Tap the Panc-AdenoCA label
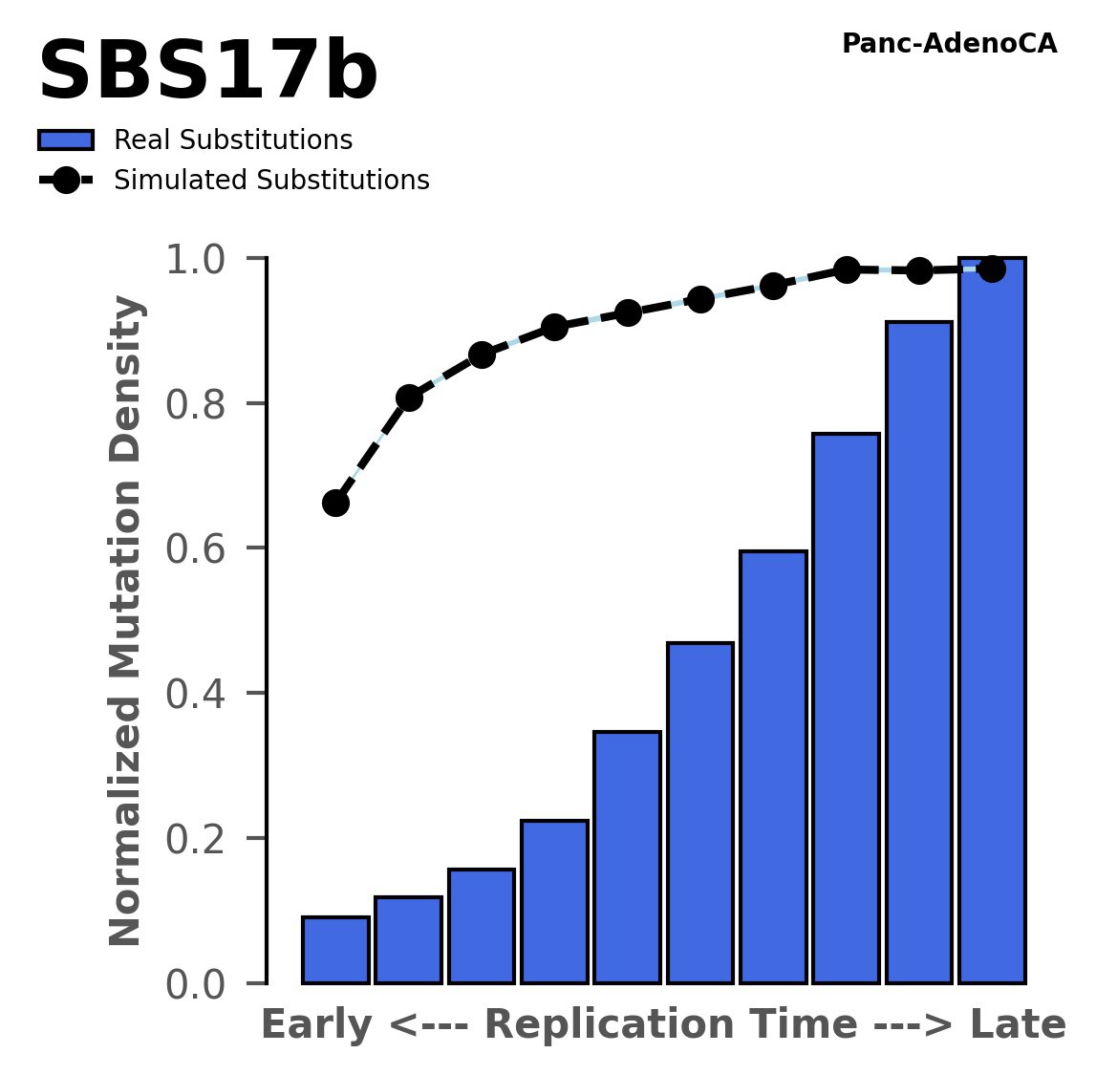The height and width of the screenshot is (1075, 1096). [949, 44]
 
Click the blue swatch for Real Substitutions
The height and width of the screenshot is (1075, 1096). [65, 140]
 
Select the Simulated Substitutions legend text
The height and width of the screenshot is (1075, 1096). [271, 181]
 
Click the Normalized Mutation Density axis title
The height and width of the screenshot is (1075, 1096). [126, 621]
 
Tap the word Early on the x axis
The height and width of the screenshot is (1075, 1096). [316, 1025]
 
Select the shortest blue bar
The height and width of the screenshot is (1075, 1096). [335, 950]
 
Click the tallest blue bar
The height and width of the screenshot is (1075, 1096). [992, 621]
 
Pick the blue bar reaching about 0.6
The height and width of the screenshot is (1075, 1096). [773, 766]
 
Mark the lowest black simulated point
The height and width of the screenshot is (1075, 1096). [335, 503]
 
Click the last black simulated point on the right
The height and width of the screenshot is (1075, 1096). [992, 269]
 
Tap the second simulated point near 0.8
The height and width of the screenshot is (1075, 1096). [409, 398]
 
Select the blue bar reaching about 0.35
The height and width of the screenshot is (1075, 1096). [627, 857]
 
